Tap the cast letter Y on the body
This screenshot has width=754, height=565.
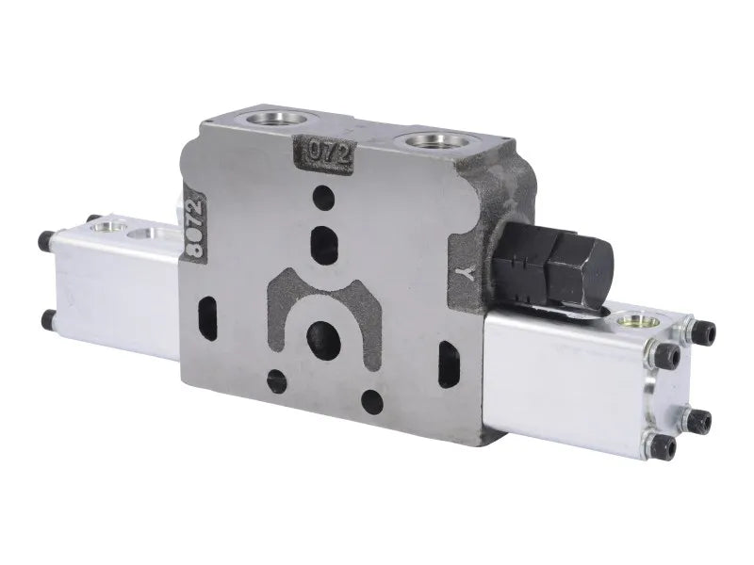pyautogui.click(x=462, y=274)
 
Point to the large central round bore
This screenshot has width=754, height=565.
pyautogui.click(x=322, y=335)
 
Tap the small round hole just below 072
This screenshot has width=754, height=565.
pyautogui.click(x=323, y=198)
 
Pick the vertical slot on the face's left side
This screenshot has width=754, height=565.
pyautogui.click(x=208, y=312)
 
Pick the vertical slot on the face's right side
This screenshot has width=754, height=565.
pyautogui.click(x=447, y=359)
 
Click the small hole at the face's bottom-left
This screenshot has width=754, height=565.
pyautogui.click(x=276, y=380)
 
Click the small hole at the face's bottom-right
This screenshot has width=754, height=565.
pyautogui.click(x=370, y=401)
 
